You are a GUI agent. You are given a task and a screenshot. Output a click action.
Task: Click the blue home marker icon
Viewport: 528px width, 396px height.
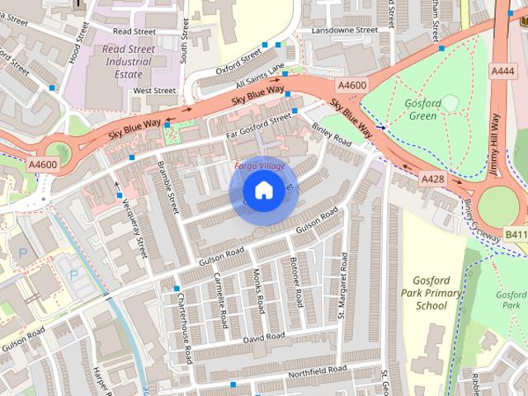(x=263, y=191)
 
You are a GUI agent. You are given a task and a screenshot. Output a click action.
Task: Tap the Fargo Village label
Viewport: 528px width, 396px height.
(x=259, y=166)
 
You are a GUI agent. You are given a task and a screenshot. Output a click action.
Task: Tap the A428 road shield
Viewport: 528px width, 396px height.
(x=433, y=178)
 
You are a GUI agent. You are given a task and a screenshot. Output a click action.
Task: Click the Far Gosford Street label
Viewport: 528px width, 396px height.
(x=260, y=123)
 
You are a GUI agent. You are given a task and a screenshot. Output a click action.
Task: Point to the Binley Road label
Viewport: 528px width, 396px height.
(x=332, y=134)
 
